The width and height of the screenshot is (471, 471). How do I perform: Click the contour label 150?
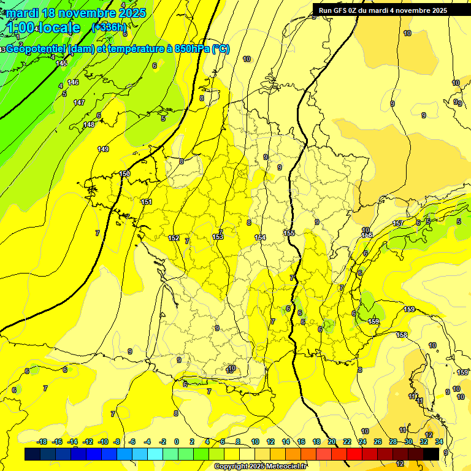coord(124,174)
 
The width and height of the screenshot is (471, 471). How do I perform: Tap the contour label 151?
coord(147,202)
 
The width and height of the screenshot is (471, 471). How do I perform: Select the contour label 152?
coord(174,238)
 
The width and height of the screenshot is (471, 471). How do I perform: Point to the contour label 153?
coord(218,237)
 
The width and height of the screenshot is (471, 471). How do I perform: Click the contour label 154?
coord(260,237)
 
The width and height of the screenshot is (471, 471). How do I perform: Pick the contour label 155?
coord(289,233)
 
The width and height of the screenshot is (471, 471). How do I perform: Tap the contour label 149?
coord(103,149)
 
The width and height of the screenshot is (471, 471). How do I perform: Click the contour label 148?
coord(89,124)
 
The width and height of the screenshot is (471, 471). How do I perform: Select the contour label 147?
coord(79,102)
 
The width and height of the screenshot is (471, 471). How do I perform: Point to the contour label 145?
coord(61,63)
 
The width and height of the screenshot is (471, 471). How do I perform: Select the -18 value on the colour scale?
coord(42,442)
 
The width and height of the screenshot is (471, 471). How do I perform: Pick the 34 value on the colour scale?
coord(439,442)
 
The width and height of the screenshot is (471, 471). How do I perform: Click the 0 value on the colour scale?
coord(177,442)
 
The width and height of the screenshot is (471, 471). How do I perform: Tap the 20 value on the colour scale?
coord(332,442)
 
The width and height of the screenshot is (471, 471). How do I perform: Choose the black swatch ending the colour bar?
coord(431,454)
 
